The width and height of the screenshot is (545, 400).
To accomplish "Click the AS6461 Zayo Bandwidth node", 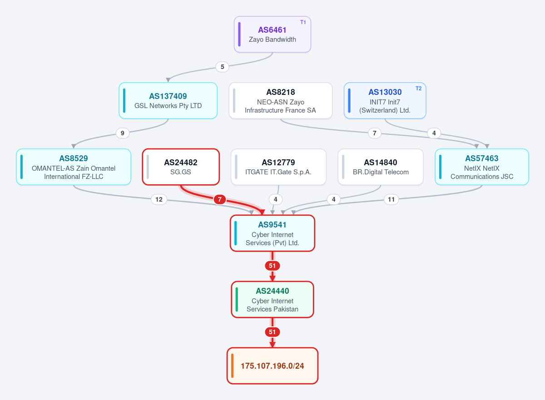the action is [272, 35].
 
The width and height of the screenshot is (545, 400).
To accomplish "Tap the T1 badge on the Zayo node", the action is [303, 22].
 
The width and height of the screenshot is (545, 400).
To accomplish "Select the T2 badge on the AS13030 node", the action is [418, 89].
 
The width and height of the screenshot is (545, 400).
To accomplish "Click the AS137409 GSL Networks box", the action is [168, 101].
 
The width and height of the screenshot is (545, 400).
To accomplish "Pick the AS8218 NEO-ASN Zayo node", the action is [281, 101].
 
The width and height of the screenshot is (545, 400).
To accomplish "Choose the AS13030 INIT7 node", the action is [385, 101].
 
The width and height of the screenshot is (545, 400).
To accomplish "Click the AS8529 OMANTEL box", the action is [74, 167].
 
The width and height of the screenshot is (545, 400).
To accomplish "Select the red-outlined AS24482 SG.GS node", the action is [181, 167].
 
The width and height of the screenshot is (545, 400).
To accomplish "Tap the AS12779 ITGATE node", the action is [278, 167].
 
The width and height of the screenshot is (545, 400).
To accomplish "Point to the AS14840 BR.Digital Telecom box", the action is [381, 167].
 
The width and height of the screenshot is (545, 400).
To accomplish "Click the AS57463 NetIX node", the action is [482, 167].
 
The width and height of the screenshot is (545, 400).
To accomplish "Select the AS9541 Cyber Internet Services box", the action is [272, 233].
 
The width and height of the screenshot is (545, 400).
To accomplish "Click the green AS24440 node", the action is [272, 299].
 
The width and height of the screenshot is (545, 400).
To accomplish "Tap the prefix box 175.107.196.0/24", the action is [272, 365].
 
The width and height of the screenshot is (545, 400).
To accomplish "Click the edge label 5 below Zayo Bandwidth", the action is [222, 67].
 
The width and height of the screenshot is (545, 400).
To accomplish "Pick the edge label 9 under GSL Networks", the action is [122, 133].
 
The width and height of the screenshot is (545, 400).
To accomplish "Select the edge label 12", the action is [159, 199].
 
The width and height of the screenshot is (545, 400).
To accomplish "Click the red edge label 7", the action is [220, 199].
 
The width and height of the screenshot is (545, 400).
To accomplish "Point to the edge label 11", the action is [391, 199].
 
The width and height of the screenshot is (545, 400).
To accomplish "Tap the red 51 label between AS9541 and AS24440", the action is [272, 266].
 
